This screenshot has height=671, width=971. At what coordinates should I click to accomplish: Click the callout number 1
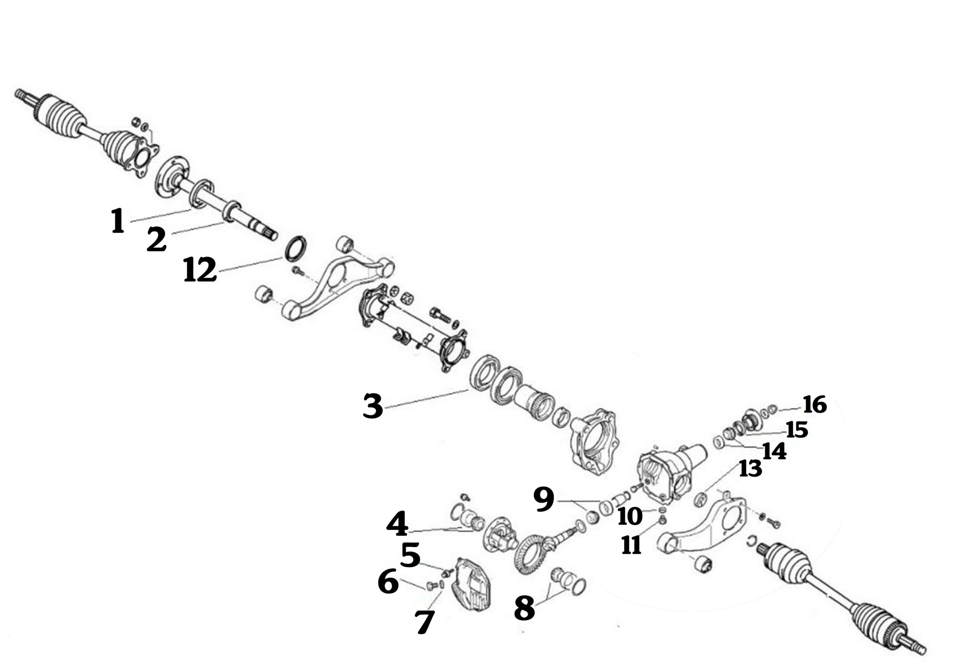pyautogui.click(x=118, y=221)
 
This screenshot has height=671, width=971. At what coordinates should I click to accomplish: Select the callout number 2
pyautogui.click(x=156, y=239)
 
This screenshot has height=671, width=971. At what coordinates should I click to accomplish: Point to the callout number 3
pyautogui.click(x=373, y=406)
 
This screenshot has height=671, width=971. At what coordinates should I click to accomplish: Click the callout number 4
pyautogui.click(x=397, y=524)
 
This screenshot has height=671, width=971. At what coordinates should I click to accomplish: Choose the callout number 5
pyautogui.click(x=410, y=555)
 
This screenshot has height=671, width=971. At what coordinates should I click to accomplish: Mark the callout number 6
pyautogui.click(x=388, y=581)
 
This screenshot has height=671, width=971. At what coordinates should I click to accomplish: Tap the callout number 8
pyautogui.click(x=524, y=608)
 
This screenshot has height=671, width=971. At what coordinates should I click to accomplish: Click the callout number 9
pyautogui.click(x=544, y=500)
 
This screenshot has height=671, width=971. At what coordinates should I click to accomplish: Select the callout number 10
pyautogui.click(x=630, y=516)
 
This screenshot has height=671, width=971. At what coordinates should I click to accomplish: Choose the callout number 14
pyautogui.click(x=774, y=451)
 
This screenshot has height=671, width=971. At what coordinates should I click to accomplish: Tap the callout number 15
pyautogui.click(x=797, y=430)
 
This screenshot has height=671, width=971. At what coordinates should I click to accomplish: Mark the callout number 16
pyautogui.click(x=815, y=404)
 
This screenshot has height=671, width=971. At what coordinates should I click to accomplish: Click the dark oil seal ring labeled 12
pyautogui.click(x=296, y=250)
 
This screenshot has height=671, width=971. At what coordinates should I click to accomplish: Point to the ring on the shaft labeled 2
pyautogui.click(x=231, y=212)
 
